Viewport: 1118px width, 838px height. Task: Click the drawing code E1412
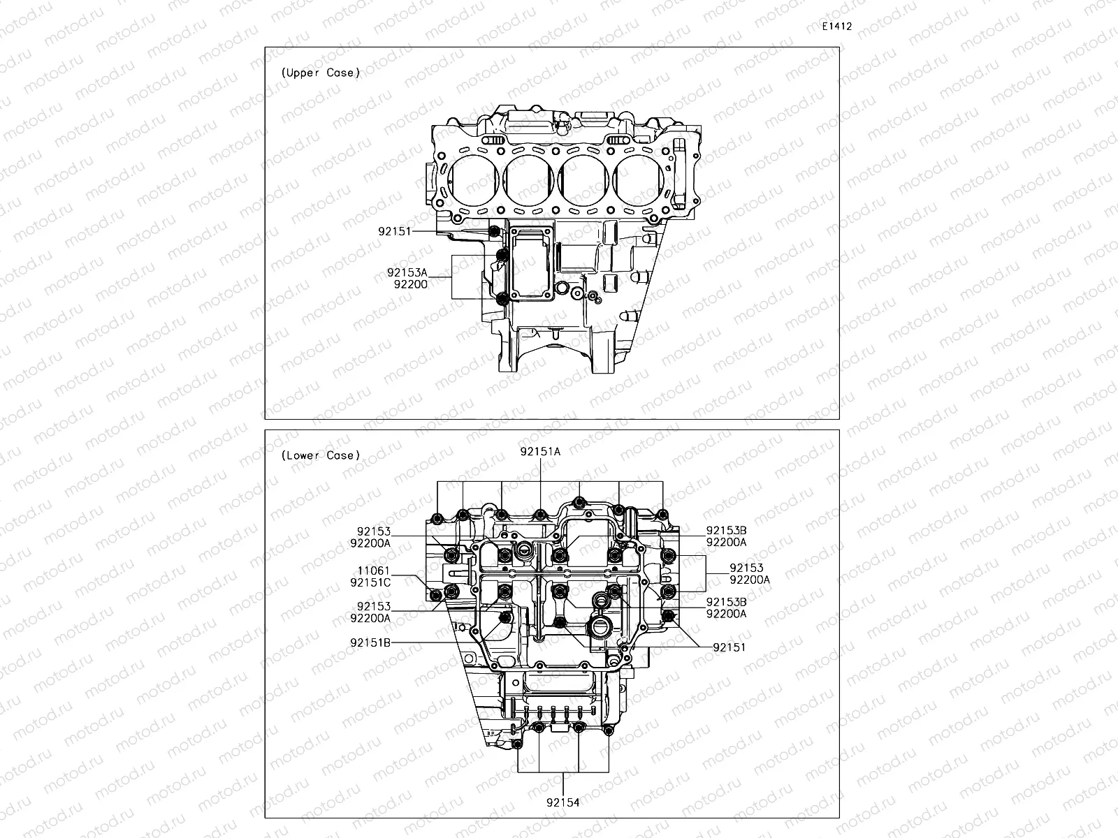pos(837,27)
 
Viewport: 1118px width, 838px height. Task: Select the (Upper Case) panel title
pos(321,73)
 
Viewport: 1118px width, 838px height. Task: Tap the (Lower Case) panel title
pos(321,455)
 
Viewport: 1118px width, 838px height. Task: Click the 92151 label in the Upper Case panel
pos(395,231)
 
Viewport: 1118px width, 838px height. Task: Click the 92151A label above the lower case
pos(540,451)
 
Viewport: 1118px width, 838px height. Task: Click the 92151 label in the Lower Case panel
pos(729,647)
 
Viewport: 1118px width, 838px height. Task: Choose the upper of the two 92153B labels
pos(726,531)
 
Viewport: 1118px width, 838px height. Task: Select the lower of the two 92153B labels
pos(726,602)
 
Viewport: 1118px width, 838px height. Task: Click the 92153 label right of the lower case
pos(747,568)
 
